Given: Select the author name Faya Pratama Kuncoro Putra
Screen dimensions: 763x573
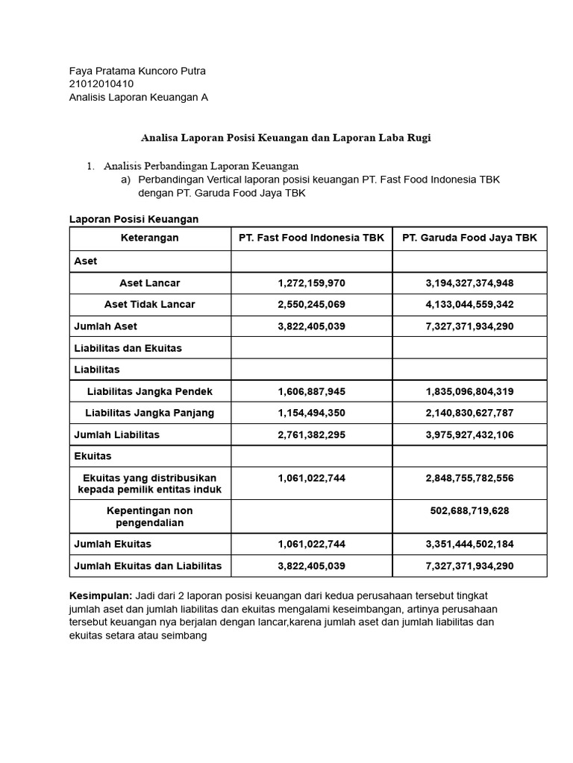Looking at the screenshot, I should coord(137,71).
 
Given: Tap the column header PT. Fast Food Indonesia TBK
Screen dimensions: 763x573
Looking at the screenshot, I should coord(311,238).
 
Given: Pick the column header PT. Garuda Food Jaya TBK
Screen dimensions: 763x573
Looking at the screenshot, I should coord(469,238).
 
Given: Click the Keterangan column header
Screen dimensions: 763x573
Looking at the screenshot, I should coord(150,238).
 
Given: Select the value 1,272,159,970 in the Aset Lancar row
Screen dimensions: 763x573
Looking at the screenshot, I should coord(311,283).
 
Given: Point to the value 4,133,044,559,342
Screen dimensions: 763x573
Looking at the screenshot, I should coord(469,305).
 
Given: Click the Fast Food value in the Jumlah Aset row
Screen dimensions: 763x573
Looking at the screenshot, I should coord(311,326).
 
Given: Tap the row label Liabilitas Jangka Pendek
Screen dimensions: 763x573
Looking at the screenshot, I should coord(150,391).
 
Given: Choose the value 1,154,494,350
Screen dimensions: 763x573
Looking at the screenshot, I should coord(311,413).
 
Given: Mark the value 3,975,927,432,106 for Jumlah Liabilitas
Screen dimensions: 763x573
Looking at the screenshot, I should coord(469,434).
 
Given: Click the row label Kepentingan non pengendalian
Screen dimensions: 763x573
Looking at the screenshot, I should coord(150,516).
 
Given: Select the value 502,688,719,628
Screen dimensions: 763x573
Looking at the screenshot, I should coord(469,510).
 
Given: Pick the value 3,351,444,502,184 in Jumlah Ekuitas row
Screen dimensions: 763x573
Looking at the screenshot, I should coord(469,544).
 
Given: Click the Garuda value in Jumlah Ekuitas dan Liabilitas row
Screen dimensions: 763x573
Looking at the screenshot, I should coord(469,566).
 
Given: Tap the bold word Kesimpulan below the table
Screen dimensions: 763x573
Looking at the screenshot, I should coord(100,596).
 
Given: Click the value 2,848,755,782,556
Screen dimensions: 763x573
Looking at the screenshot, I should coord(469,478).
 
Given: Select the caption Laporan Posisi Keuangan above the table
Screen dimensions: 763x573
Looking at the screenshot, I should coord(134,219).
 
